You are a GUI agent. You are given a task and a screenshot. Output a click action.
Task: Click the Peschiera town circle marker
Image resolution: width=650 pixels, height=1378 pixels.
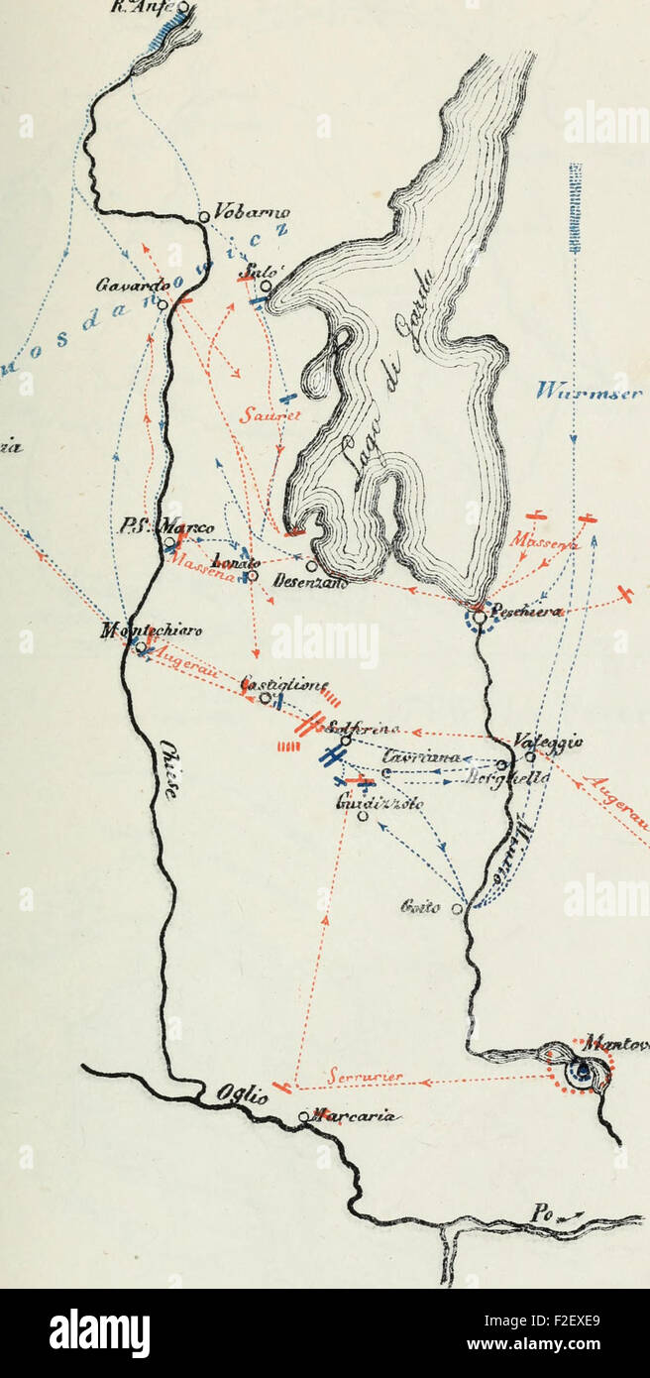point(479,617)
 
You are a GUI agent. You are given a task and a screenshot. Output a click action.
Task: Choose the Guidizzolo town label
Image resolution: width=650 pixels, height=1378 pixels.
point(367,804)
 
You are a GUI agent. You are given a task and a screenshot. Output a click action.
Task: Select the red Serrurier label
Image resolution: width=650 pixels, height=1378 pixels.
point(359,1077)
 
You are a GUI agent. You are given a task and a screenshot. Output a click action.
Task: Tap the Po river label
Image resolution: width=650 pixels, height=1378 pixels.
point(540,1214)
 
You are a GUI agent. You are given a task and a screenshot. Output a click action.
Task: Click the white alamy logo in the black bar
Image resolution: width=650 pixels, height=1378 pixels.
point(99,1331)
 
